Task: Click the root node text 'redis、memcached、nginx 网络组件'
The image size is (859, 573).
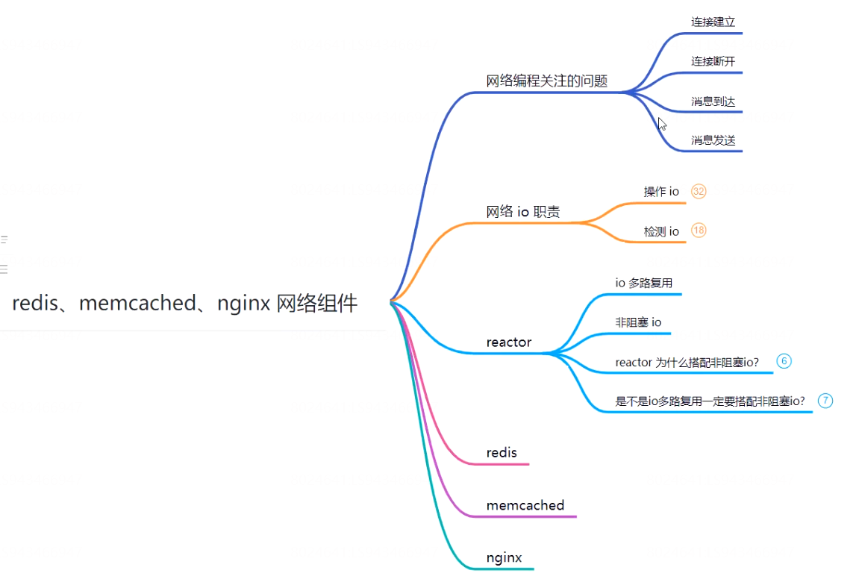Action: (x=185, y=303)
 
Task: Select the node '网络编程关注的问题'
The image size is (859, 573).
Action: (x=547, y=81)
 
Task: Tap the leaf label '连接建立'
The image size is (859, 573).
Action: (x=713, y=22)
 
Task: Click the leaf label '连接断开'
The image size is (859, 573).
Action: (x=713, y=61)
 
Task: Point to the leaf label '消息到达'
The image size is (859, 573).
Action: (x=713, y=101)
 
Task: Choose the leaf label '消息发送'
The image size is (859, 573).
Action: (x=713, y=140)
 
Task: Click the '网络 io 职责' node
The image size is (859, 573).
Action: (x=523, y=212)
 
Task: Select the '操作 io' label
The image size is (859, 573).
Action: (x=661, y=192)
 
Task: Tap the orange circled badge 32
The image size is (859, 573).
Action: (x=699, y=192)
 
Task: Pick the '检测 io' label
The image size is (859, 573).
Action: (x=661, y=231)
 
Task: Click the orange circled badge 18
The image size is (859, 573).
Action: (x=699, y=231)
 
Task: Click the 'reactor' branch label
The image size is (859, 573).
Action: (x=509, y=342)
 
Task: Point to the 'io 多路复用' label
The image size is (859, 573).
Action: (x=643, y=283)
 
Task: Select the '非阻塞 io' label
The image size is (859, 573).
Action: (x=638, y=322)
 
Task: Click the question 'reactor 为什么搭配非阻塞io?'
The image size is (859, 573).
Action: (x=687, y=362)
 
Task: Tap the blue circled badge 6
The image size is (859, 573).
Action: (x=784, y=361)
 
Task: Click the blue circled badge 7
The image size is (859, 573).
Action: (x=825, y=401)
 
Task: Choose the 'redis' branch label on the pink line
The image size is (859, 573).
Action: (x=502, y=453)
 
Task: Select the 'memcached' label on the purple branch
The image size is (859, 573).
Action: (x=525, y=505)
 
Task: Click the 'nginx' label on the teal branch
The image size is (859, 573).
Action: (x=504, y=557)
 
